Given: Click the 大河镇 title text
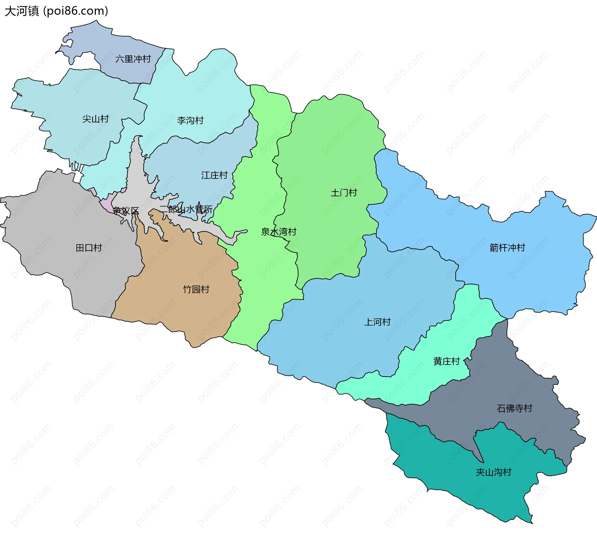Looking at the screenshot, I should click(22, 11).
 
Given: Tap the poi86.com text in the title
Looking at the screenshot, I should click(76, 11).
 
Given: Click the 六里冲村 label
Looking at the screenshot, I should click(133, 59).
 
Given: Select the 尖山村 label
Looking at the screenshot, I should click(95, 119).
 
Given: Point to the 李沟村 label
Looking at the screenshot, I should click(190, 120).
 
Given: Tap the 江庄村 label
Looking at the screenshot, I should click(214, 175).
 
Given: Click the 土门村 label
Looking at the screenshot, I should click(344, 193).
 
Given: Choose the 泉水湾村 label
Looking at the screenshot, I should click(279, 232).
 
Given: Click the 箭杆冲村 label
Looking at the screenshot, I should click(507, 248).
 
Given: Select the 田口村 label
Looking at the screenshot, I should click(89, 248).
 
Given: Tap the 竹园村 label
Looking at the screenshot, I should click(196, 289).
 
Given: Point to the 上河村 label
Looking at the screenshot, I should click(377, 322).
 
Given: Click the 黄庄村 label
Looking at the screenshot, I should click(447, 361).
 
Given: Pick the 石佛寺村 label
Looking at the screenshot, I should click(515, 408).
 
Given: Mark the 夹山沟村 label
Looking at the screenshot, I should click(493, 472).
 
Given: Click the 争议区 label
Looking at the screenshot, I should click(126, 211).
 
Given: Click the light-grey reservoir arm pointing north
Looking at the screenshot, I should click(136, 161).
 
